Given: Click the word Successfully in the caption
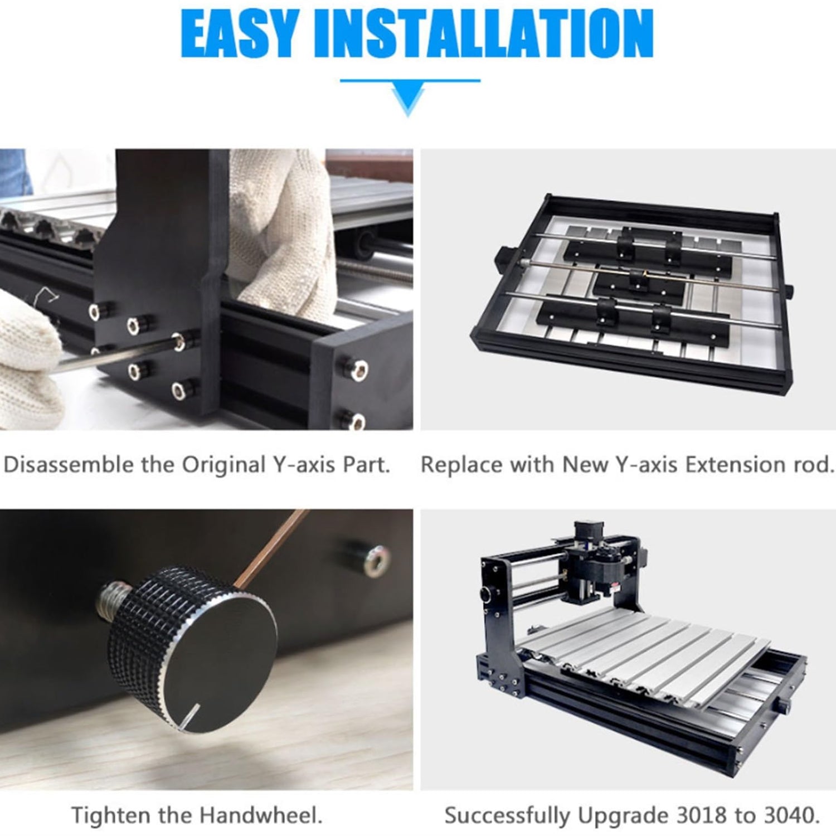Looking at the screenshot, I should click(507, 816).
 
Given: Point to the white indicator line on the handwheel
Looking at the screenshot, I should click(191, 717).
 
